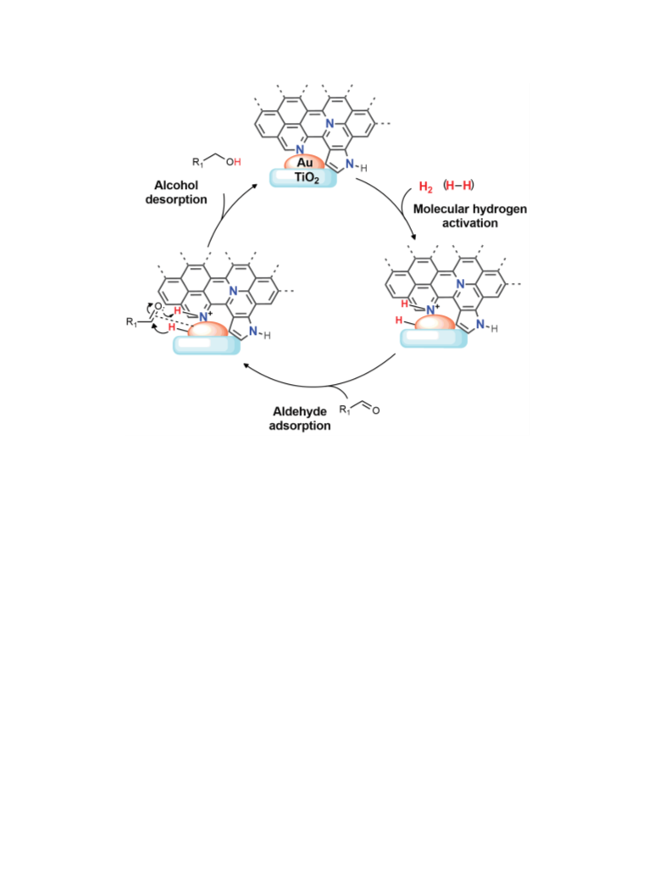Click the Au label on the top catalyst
pos(304,163)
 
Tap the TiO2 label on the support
pos(307,178)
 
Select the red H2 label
pos(425,186)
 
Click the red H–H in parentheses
pos(458,185)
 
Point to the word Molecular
pos(439,209)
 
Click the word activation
pos(469,224)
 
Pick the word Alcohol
pos(176,185)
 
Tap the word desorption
pos(176,199)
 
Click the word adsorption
pos(300,426)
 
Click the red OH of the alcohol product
pos(233,162)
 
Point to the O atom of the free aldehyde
pos(375,410)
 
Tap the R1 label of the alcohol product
pos(198,162)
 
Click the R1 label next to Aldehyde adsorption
pos(345,409)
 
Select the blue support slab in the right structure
pos(433,338)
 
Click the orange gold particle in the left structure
pos(208,330)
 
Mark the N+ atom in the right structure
pos(432,309)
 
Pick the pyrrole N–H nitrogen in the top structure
pos(350,164)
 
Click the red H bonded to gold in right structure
pos(399,320)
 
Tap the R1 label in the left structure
pos(132,322)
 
